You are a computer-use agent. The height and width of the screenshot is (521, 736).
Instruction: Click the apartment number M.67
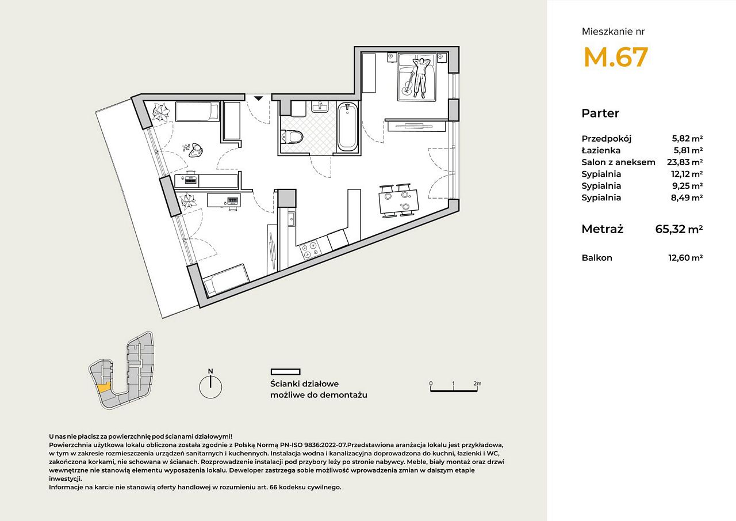615,57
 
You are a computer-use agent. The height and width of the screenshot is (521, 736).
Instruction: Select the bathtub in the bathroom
347,126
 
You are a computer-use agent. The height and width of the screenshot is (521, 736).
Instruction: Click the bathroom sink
319,107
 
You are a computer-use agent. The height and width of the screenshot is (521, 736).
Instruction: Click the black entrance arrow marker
259,98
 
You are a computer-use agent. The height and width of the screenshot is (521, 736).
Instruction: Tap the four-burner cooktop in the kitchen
309,250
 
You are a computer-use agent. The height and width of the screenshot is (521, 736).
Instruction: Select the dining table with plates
399,202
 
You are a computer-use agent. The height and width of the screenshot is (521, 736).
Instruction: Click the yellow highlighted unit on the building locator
104,387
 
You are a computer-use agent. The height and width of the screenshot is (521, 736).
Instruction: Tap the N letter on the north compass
210,371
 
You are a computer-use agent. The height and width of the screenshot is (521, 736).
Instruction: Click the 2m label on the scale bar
477,383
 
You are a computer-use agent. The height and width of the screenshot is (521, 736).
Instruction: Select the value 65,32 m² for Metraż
679,229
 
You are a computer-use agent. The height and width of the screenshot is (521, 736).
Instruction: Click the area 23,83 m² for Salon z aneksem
685,162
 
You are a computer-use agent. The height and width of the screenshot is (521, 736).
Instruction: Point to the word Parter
600,113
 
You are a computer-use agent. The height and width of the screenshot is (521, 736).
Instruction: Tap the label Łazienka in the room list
601,150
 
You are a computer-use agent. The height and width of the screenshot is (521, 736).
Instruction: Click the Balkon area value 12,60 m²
685,258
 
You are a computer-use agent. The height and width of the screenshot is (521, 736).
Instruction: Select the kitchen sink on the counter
291,219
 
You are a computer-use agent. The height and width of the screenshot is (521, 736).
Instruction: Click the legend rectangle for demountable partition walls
286,372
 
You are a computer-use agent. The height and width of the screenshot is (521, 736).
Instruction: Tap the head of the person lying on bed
419,62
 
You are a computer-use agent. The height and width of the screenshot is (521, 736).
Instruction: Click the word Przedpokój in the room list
607,139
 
